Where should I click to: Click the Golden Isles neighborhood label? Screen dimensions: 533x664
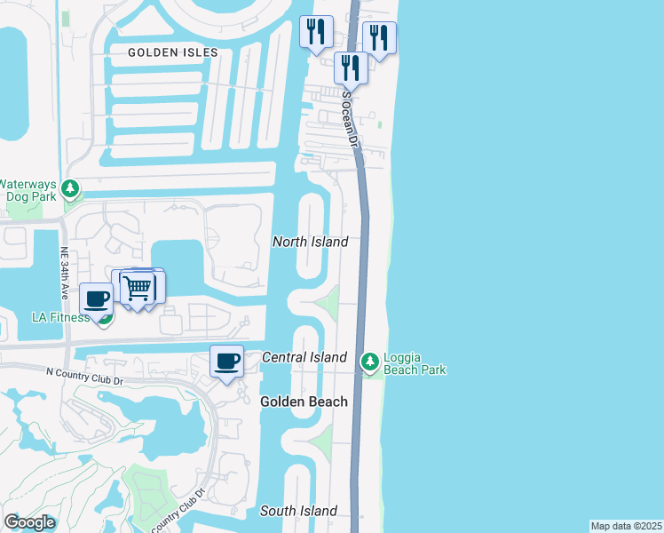172,52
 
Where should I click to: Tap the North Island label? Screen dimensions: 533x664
310,242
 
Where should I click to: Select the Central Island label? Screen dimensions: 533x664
304,357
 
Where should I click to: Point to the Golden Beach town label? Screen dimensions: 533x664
304,402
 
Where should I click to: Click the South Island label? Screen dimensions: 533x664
298,511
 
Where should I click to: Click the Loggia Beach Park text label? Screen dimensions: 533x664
414,364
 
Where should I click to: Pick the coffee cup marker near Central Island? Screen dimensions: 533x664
227,361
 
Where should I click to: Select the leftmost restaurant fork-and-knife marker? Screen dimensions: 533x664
316,33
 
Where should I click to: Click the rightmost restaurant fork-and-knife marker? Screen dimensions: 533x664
379,38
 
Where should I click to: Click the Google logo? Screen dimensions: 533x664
29,522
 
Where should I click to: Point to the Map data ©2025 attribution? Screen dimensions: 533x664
627,526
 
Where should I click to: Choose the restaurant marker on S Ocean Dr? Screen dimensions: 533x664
351,67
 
